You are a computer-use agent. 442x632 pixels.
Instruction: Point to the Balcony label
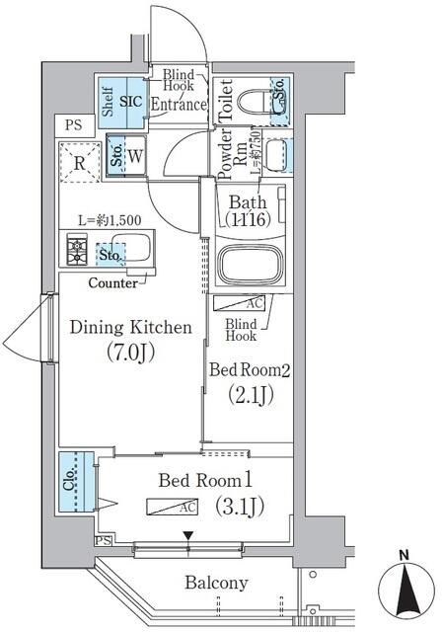(216, 583)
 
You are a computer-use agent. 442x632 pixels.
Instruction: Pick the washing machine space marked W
(134, 155)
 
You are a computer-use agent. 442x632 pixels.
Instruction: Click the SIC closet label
(132, 102)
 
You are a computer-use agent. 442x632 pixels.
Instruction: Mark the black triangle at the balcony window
(187, 536)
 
